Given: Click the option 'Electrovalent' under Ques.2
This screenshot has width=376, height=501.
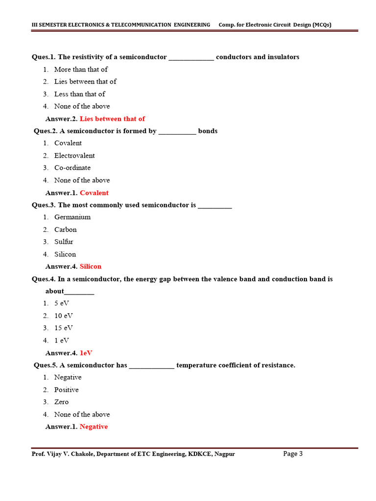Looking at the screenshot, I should point(74,156).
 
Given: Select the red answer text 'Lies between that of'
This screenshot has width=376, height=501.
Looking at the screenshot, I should point(112,119).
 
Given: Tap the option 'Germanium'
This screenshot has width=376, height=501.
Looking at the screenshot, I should point(72,217).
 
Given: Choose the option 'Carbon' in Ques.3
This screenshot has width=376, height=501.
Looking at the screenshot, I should point(66,229).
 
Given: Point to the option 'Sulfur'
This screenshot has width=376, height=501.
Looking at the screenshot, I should point(64,242).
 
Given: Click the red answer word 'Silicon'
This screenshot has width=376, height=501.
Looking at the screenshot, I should point(91,267).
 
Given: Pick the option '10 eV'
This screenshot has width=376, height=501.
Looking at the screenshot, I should point(64,316).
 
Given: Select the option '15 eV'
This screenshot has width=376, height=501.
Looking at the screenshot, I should point(64,328).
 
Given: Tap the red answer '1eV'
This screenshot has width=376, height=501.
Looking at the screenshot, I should point(86,353).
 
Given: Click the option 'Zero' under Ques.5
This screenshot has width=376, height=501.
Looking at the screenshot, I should point(62,402).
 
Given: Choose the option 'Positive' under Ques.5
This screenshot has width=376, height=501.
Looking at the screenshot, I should point(67,390).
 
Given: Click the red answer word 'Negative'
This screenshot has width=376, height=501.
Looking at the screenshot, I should point(94,427).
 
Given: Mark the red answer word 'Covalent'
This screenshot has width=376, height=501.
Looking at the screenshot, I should point(94,193).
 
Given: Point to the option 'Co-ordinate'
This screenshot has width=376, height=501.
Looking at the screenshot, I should point(72,168).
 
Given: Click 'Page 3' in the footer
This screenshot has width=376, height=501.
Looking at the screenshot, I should point(293,454).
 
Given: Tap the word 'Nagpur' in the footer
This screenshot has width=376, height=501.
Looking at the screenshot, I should point(224,454).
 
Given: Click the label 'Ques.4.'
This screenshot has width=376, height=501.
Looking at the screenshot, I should point(43,279).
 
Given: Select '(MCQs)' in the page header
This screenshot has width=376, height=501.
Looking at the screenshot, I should point(322,25).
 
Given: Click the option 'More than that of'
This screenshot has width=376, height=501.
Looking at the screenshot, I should point(81,69).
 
